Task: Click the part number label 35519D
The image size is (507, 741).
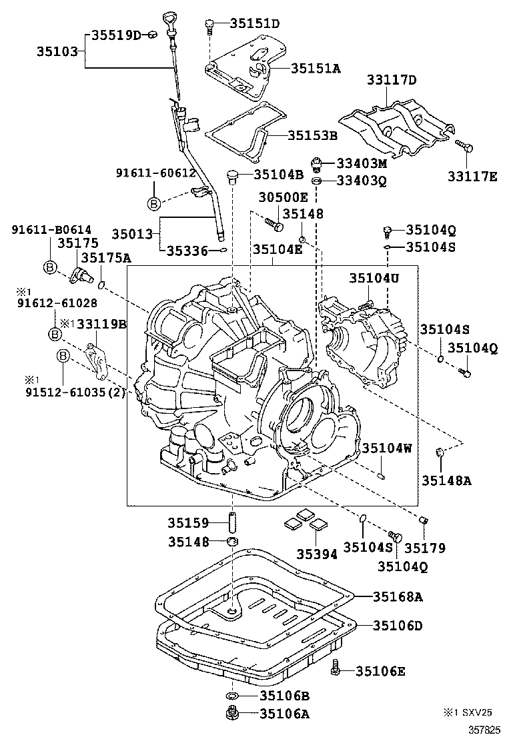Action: click(115, 35)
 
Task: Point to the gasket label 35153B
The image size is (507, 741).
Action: click(312, 135)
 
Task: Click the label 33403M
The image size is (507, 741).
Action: click(361, 163)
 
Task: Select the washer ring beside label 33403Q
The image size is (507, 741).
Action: click(318, 181)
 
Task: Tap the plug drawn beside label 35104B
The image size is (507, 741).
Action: click(233, 176)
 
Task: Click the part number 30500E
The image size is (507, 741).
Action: click(284, 197)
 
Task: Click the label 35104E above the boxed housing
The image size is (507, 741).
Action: click(277, 249)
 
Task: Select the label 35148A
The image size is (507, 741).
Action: click(446, 480)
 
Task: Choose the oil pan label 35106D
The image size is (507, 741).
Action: click(397, 626)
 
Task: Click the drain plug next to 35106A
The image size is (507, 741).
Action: click(233, 715)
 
